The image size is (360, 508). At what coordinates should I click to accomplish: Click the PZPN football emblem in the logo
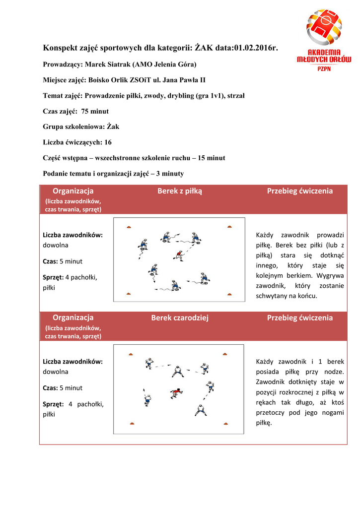(324, 27)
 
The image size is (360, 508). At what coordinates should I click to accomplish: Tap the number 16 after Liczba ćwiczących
(108, 142)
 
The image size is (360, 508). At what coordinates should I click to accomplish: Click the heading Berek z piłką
(179, 191)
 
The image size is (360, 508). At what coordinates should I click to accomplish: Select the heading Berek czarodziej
(179, 318)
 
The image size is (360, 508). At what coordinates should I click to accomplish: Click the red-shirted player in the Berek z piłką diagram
(178, 255)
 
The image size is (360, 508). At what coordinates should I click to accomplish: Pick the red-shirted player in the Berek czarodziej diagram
(175, 393)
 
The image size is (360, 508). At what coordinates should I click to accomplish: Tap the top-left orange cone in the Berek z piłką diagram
(128, 227)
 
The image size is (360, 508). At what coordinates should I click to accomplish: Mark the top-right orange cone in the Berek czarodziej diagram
(225, 354)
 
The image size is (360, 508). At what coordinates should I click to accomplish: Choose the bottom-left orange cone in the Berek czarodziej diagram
(132, 423)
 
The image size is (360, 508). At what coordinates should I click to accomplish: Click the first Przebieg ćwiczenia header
(299, 191)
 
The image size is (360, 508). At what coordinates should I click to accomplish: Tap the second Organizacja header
(73, 318)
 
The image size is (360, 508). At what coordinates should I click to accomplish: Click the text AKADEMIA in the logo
(324, 52)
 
